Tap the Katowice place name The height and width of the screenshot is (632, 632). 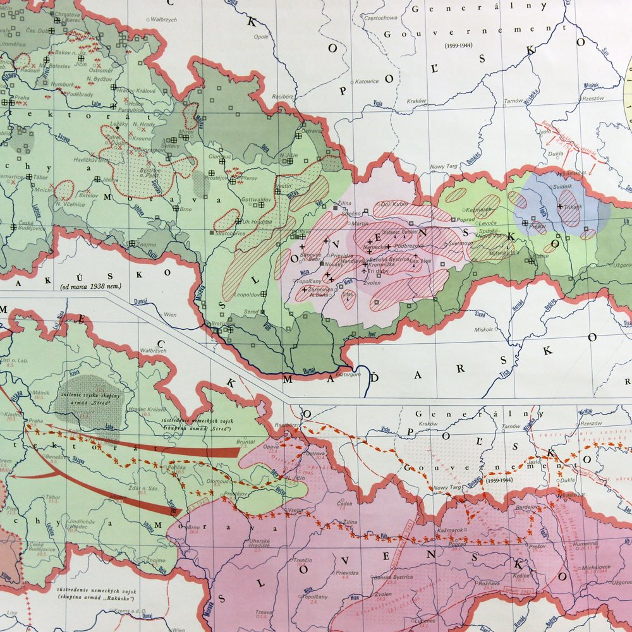click(x=366, y=81)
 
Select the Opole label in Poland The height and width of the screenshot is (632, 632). click(x=260, y=37)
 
